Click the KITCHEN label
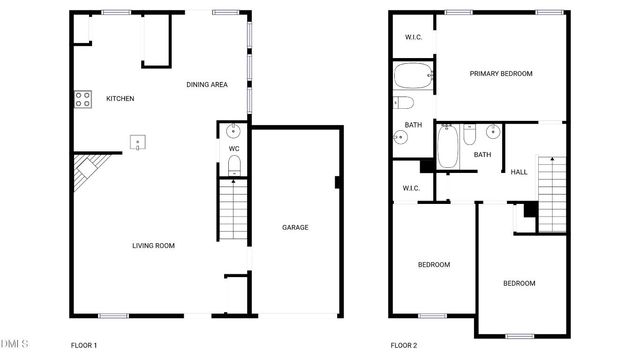(x=120, y=98)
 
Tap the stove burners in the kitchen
(x=80, y=98)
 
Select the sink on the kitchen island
(x=139, y=142)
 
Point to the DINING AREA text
(x=207, y=84)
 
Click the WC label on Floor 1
(x=234, y=149)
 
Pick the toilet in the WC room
(x=234, y=170)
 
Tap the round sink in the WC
(x=234, y=130)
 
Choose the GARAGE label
(x=295, y=228)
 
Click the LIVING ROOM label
(x=154, y=246)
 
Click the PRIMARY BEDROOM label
(x=501, y=74)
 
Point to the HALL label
(x=519, y=172)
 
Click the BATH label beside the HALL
(x=483, y=155)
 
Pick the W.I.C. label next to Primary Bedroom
(x=413, y=38)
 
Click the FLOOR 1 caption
(x=84, y=345)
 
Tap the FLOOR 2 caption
(x=404, y=345)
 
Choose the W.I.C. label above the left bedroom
(x=411, y=188)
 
